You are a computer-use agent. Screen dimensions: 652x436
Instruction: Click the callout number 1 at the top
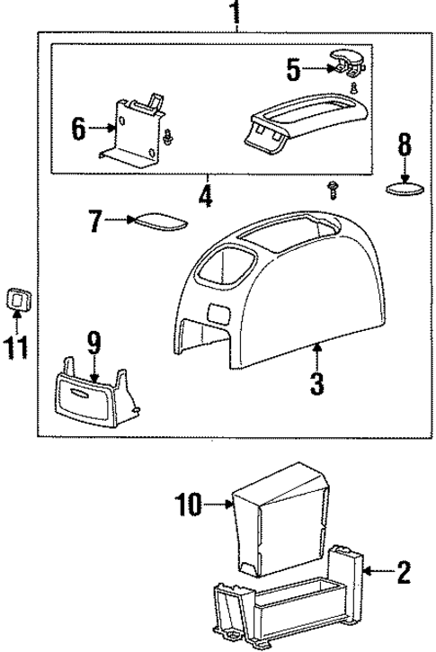click(236, 13)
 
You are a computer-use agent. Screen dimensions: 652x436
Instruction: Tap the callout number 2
click(404, 570)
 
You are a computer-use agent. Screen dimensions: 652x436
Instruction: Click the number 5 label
click(293, 67)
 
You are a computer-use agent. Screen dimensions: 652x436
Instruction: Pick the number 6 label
click(78, 128)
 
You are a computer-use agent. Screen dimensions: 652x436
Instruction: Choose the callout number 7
click(96, 219)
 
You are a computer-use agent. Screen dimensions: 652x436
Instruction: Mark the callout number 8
click(404, 143)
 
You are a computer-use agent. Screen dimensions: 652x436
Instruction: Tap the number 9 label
click(93, 343)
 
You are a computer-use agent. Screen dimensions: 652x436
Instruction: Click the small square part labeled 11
click(17, 298)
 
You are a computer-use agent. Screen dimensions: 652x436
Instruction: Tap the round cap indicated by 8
click(404, 190)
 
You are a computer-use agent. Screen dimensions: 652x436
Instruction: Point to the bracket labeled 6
click(130, 130)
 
